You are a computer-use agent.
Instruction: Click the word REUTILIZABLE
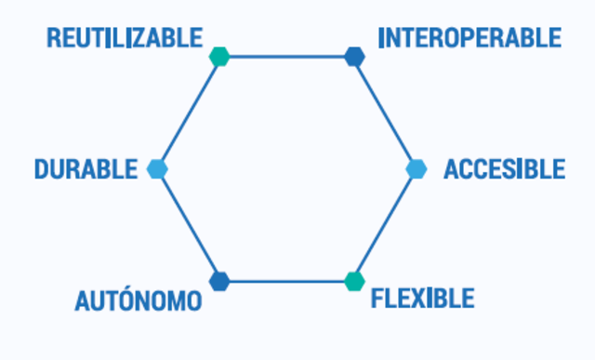click(125, 38)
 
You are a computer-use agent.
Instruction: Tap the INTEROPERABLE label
click(469, 38)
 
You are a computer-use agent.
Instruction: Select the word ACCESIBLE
click(504, 169)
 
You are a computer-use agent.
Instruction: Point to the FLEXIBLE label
click(422, 300)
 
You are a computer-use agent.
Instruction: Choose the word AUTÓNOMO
click(138, 301)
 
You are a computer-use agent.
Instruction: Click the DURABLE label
click(86, 169)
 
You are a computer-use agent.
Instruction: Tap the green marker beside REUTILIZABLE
click(218, 57)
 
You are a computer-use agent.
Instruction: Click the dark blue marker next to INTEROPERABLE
click(354, 57)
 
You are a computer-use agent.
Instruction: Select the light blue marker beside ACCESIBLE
click(416, 169)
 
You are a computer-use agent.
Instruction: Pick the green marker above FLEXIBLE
click(353, 280)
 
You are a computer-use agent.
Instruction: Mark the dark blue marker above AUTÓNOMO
click(219, 280)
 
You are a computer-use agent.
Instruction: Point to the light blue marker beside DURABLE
click(156, 169)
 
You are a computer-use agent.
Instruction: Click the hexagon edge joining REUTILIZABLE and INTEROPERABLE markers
click(286, 57)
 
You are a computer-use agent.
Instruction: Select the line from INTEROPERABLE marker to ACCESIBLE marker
click(386, 113)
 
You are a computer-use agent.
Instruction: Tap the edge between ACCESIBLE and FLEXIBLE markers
click(385, 225)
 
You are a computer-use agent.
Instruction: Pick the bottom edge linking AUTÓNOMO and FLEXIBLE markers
click(286, 280)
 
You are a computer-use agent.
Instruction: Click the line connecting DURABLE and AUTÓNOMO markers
click(188, 225)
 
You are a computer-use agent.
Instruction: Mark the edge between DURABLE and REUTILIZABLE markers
click(188, 113)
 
